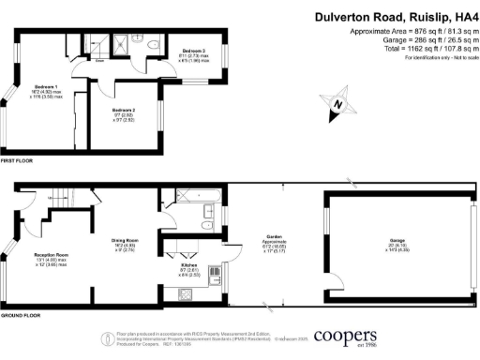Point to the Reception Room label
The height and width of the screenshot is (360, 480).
pyautogui.click(x=51, y=254)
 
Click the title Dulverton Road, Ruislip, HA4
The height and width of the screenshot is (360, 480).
pyautogui.click(x=395, y=17)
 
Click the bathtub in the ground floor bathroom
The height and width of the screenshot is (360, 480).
pyautogui.click(x=192, y=197)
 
